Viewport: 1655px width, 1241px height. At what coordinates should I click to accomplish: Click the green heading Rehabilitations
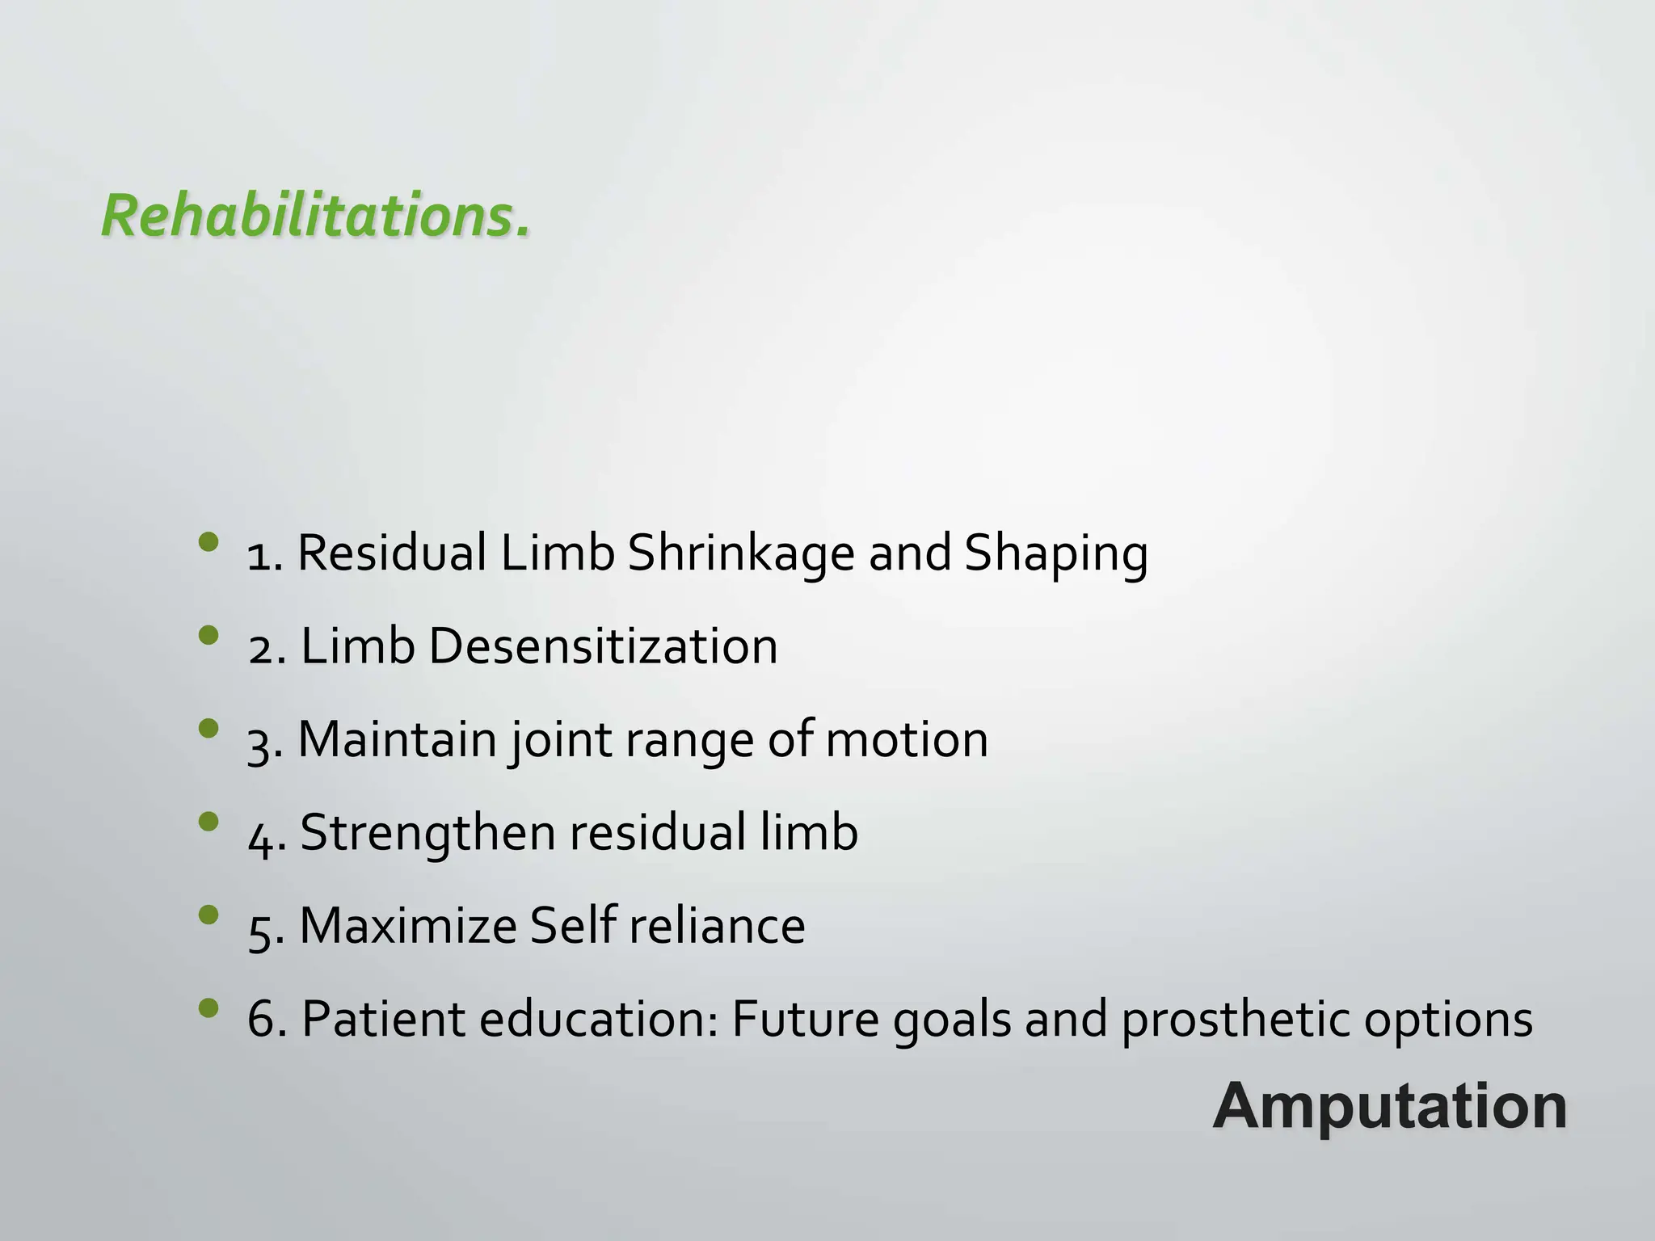316,217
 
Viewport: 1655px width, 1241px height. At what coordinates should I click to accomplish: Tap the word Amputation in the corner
1390,1106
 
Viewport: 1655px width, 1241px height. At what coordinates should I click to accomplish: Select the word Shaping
1055,554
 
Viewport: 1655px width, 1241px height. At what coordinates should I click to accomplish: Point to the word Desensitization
603,646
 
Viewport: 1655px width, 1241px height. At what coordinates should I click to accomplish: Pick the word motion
906,739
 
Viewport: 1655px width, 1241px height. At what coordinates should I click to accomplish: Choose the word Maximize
408,925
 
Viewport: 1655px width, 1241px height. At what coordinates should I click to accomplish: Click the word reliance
716,925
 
